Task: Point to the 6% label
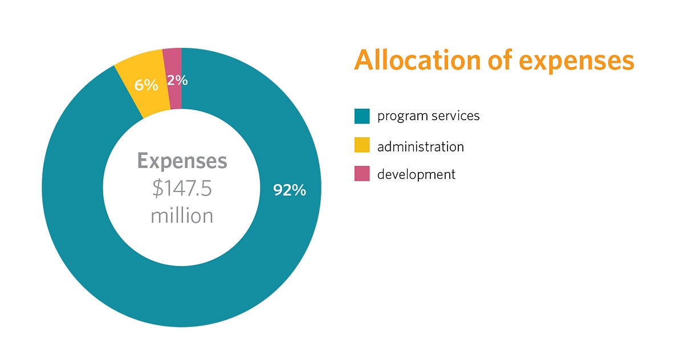[x=146, y=85]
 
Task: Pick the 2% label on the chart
[x=177, y=80]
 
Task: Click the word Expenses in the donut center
[x=182, y=161]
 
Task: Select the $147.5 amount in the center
[x=182, y=189]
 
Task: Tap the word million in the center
[x=182, y=215]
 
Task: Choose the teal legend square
[x=362, y=116]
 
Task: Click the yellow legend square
[x=362, y=145]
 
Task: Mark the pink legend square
[x=362, y=174]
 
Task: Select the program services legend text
[x=428, y=116]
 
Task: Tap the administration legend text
[x=420, y=146]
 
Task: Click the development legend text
[x=416, y=174]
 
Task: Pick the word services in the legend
[x=454, y=116]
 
